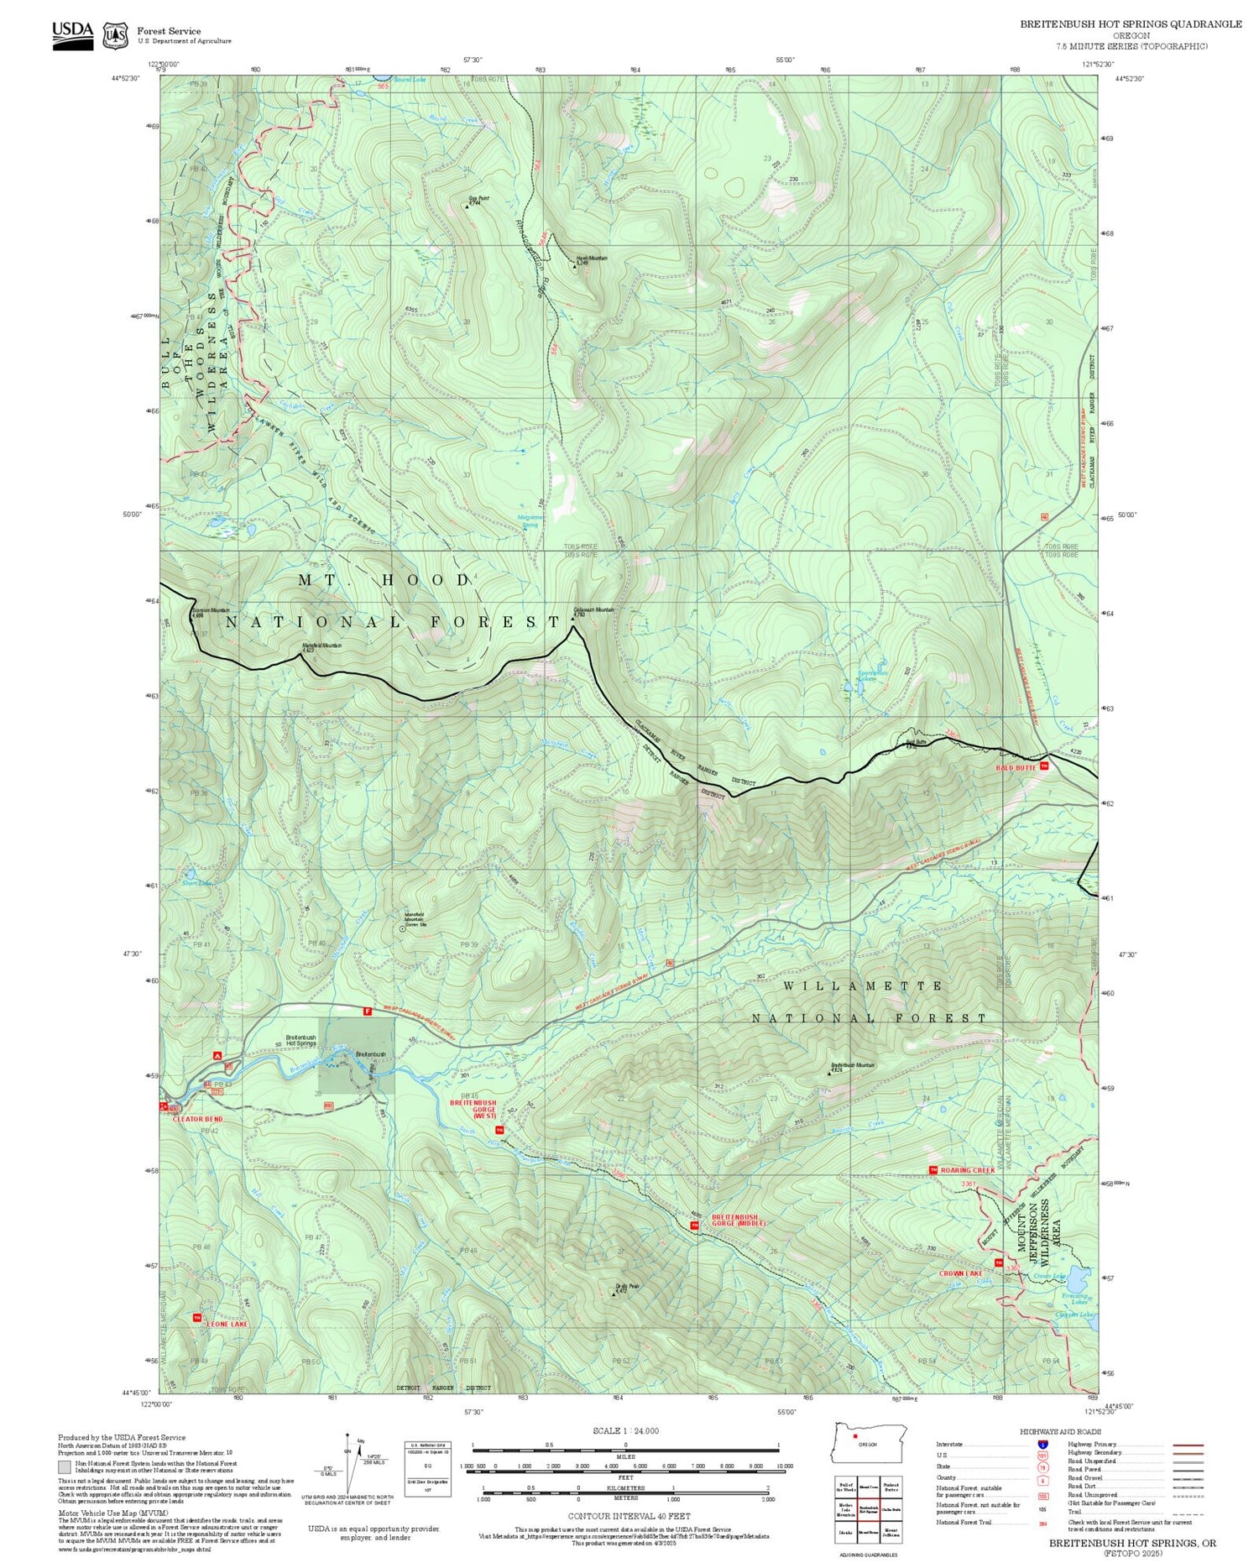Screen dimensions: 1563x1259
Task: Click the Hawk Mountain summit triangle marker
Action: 575,265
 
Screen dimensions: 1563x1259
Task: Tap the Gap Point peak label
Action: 478,200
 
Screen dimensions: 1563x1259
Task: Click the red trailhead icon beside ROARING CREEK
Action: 932,1169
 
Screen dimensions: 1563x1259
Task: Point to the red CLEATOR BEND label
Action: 195,1119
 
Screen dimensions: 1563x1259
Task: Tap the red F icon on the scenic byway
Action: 367,1012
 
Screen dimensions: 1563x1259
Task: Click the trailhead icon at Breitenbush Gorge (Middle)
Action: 694,1226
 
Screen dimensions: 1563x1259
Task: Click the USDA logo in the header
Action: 72,31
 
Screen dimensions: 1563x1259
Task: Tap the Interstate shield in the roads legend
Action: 1042,1444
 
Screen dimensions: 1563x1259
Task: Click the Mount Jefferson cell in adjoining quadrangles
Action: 891,1533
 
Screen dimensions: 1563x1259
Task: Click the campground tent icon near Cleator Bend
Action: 217,1055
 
